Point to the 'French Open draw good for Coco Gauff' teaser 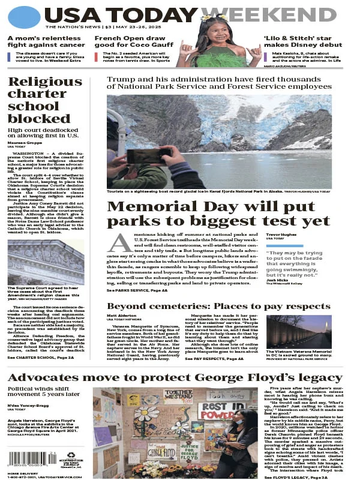click(x=131, y=42)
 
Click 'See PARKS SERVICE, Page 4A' click(x=137, y=290)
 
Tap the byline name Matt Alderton click(x=122, y=315)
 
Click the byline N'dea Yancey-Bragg click(x=25, y=406)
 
